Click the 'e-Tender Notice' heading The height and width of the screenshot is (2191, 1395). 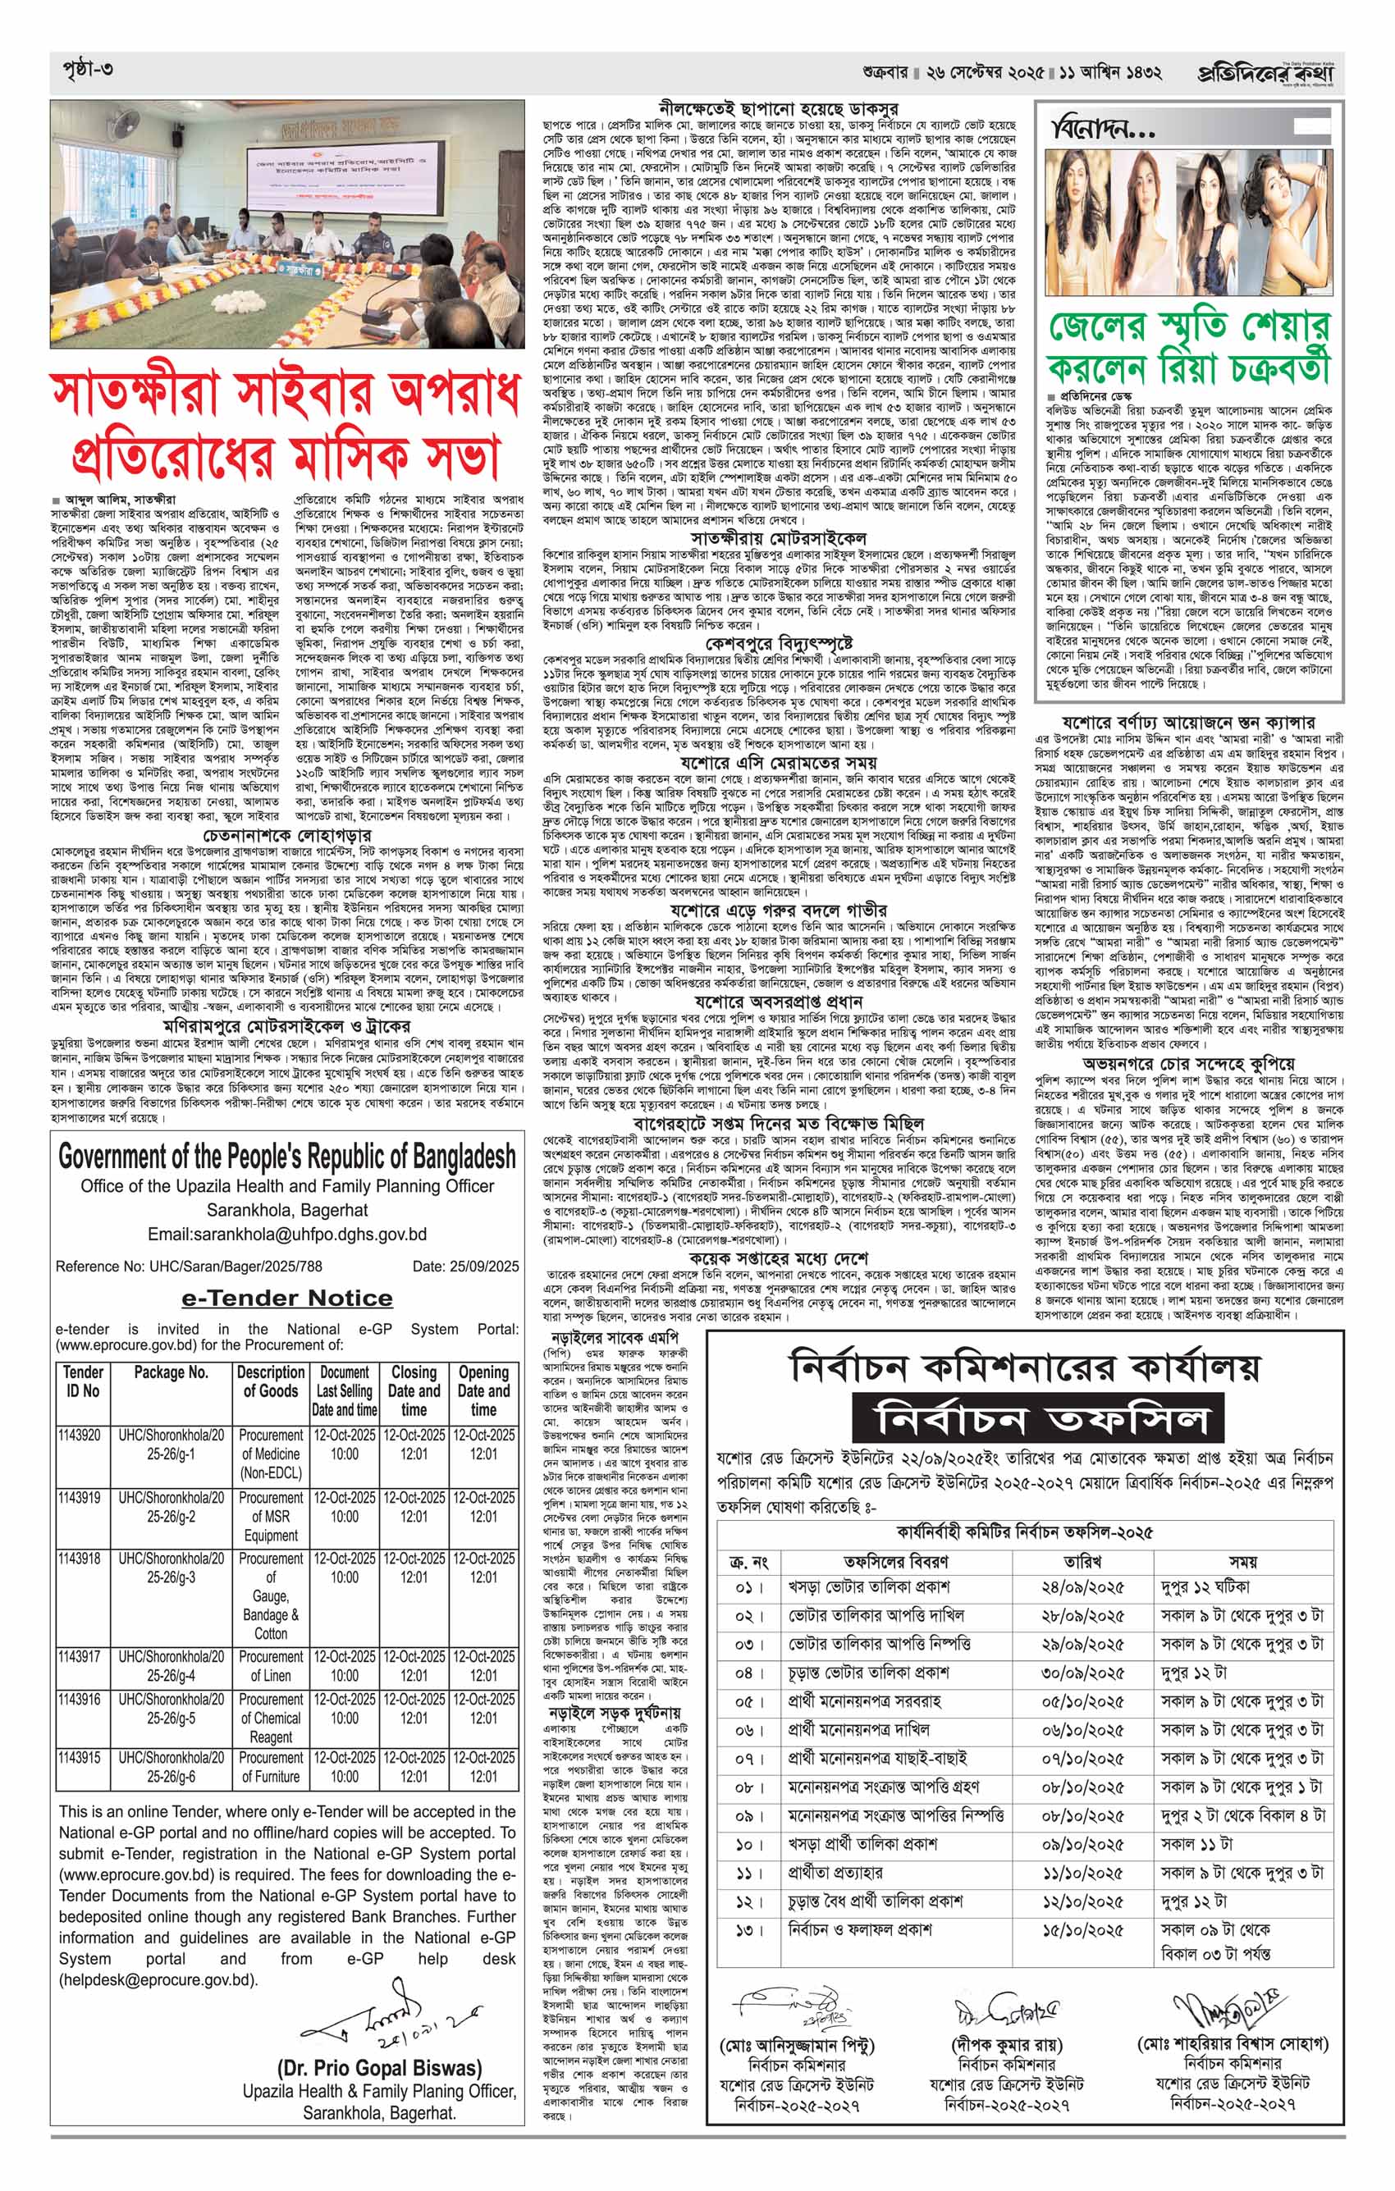coord(286,1298)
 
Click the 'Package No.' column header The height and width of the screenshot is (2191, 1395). coord(171,1372)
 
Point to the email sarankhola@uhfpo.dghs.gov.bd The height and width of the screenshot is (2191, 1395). coord(287,1235)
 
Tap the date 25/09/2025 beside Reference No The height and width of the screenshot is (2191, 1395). coord(465,1266)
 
